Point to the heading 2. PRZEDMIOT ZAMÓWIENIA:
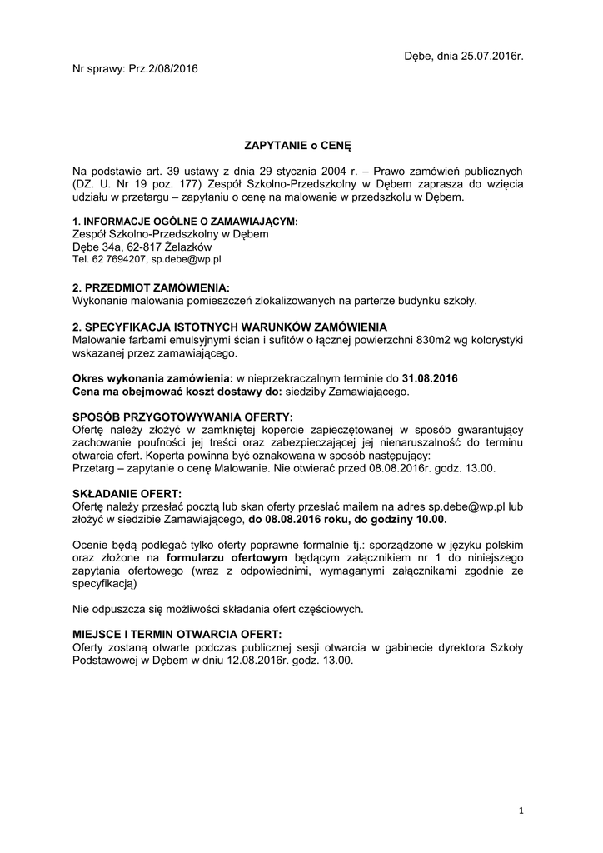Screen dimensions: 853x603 point(151,287)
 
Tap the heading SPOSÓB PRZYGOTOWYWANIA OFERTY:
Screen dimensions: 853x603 point(183,417)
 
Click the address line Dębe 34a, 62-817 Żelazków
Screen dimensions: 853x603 point(142,247)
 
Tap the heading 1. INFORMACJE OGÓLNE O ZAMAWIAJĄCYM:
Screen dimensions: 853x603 point(185,222)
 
